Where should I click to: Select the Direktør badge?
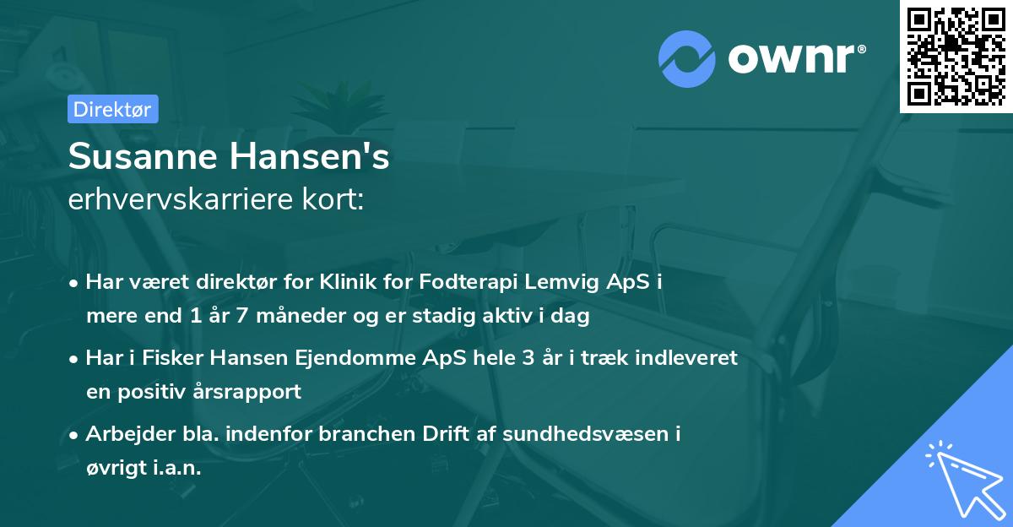click(x=112, y=109)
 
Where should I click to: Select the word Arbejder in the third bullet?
click(x=126, y=434)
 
